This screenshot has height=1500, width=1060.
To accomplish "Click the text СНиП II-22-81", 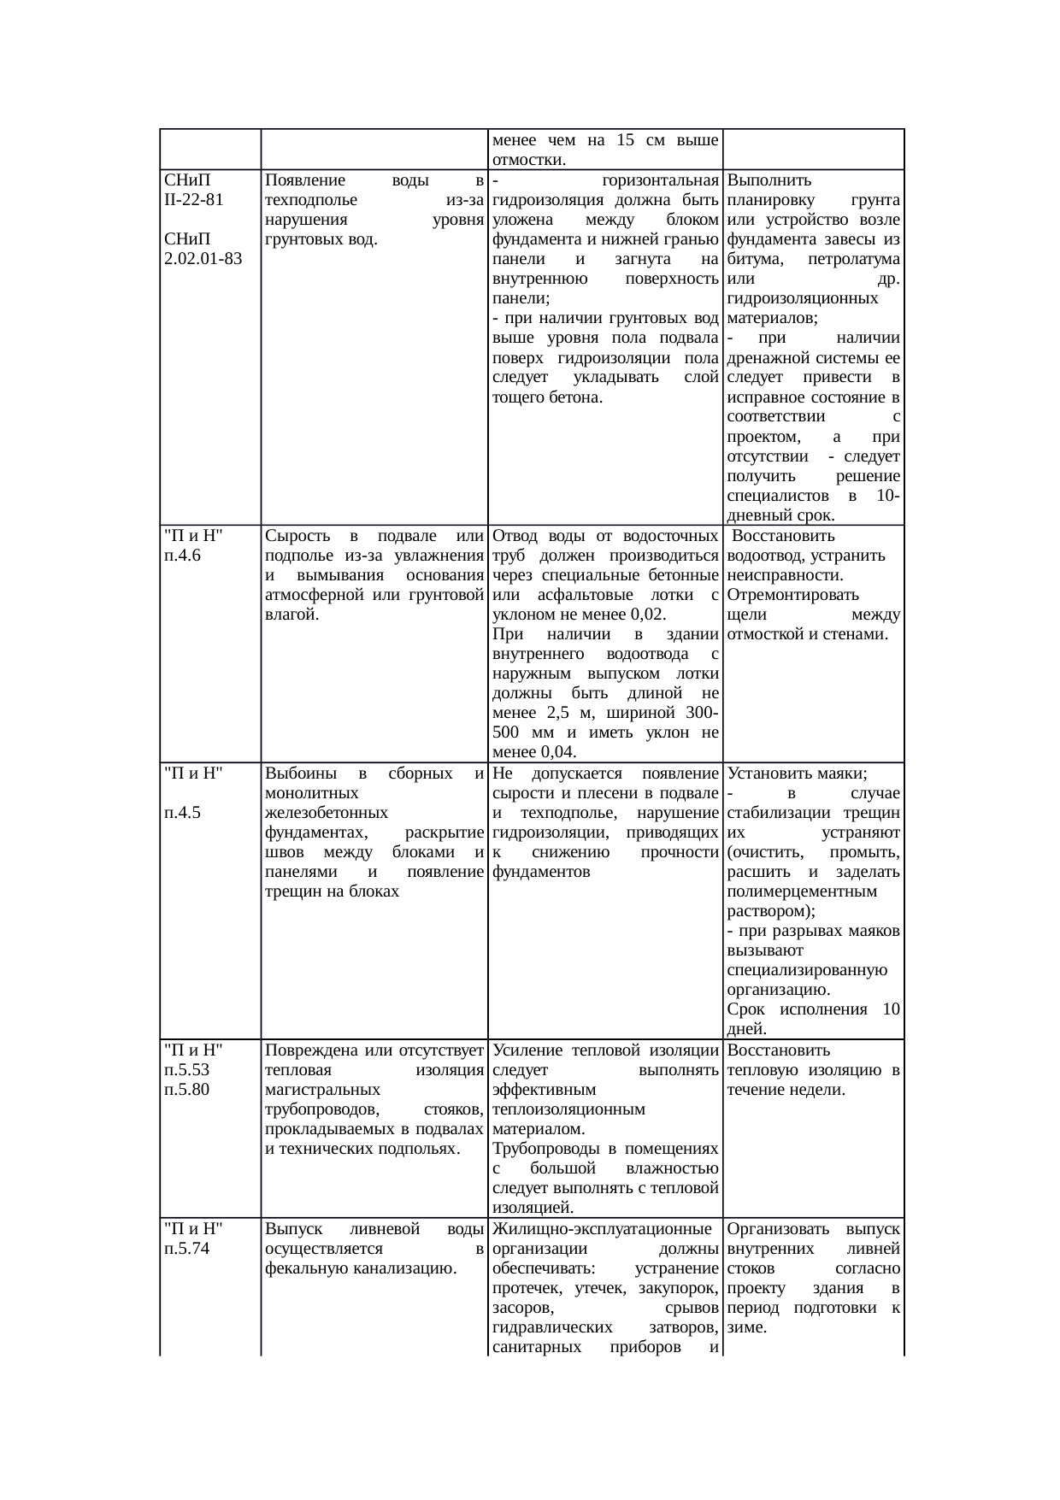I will (x=193, y=191).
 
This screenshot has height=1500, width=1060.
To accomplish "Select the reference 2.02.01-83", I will (x=202, y=259).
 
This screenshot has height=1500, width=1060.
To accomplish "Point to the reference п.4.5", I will (x=182, y=813).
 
